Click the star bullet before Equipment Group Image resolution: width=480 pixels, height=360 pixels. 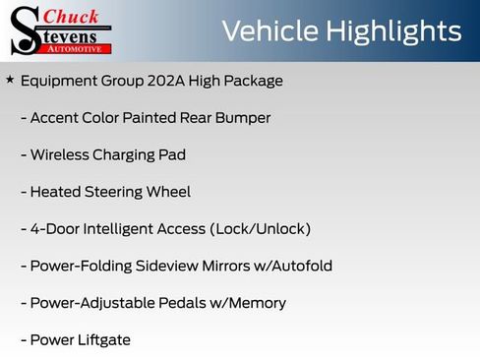point(10,80)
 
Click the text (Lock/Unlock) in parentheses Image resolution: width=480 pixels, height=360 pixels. point(260,229)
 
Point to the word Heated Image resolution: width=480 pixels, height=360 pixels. point(56,192)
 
